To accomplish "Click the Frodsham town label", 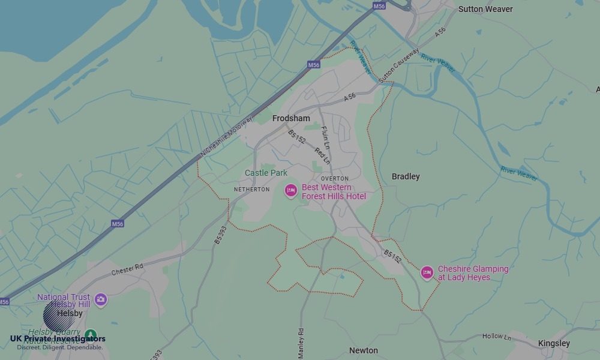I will coord(291,118).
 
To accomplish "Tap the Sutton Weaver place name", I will coord(485,9).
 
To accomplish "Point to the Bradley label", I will coord(406,176).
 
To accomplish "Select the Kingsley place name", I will coord(554,343).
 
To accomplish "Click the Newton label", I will coord(364,350).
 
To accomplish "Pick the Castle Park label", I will coord(266,173).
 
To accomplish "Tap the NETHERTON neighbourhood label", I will coord(251,190).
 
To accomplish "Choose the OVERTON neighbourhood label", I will coord(334,179).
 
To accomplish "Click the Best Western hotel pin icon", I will coord(290,191).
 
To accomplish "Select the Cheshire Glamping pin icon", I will coord(427,272).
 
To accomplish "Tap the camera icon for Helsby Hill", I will coord(100,299).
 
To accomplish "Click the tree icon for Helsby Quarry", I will coord(90,334).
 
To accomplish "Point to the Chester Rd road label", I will coord(127,269).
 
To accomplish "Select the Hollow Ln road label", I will coord(496,337).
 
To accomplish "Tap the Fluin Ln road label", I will coord(325,138).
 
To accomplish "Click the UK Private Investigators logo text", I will coord(58,339).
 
